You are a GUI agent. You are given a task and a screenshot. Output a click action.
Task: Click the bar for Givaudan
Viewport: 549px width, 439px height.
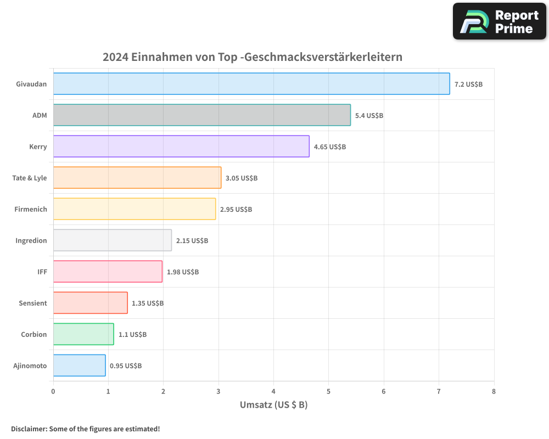point(251,84)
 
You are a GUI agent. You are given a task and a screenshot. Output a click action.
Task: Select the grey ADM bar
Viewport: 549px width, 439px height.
point(201,115)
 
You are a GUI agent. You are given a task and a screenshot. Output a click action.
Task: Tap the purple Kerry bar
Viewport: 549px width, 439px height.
point(181,147)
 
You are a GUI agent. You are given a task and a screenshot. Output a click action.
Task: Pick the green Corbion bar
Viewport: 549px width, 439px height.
point(83,334)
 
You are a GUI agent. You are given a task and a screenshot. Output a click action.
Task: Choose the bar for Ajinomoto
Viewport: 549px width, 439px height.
point(79,365)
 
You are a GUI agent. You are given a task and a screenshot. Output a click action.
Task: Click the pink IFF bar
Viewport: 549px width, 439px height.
point(108,272)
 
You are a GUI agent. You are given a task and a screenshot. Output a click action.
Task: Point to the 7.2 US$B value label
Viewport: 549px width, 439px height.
point(468,85)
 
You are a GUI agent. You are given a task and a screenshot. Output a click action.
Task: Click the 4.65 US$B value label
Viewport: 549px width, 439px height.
point(330,147)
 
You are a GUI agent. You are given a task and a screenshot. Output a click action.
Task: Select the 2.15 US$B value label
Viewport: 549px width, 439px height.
point(192,241)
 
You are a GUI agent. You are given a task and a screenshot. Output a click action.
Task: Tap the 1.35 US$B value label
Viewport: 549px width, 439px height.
point(148,303)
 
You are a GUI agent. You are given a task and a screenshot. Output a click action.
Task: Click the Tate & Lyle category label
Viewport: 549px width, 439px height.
point(30,178)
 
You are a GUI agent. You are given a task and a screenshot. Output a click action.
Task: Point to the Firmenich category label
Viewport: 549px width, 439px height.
point(31,209)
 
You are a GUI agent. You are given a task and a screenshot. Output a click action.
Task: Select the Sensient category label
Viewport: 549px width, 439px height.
point(33,303)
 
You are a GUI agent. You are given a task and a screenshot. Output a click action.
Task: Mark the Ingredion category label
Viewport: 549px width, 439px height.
point(31,240)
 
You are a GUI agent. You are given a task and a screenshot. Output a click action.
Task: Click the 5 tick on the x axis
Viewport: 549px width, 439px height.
point(328,392)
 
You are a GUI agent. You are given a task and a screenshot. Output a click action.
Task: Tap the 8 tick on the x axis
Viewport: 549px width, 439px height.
point(494,392)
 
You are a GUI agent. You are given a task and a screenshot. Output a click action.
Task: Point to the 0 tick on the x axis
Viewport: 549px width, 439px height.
point(53,392)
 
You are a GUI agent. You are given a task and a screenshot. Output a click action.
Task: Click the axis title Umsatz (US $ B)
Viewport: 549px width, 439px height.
point(273,405)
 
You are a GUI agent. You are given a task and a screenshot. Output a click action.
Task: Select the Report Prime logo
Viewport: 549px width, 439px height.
point(499,21)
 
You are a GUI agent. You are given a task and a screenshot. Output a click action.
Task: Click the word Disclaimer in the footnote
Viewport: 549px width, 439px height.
point(28,429)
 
